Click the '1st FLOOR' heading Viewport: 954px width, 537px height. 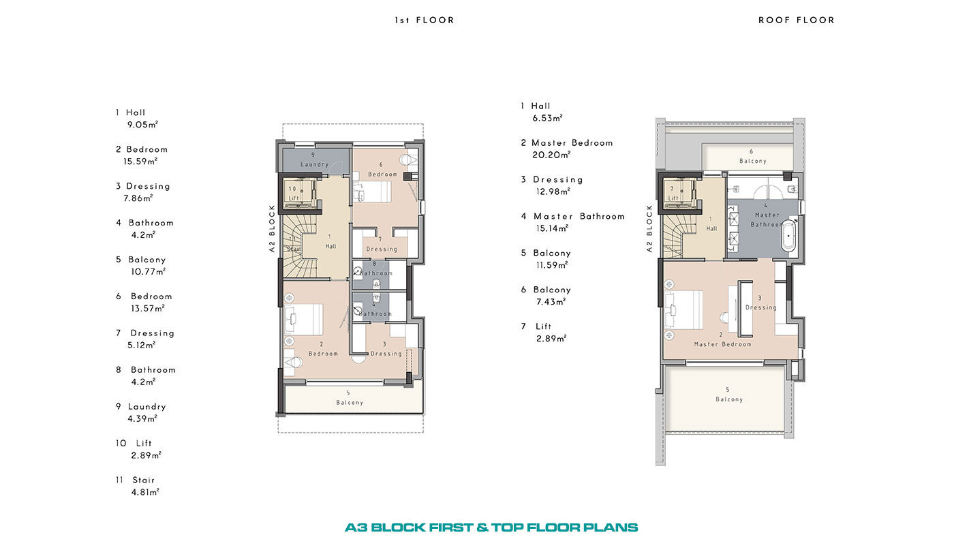coord(424,20)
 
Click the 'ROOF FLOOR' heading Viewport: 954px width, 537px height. coord(796,20)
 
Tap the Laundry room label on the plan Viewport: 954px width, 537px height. coord(314,164)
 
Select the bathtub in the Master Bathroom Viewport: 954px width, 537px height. coord(788,234)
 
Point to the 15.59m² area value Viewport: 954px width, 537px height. coord(140,162)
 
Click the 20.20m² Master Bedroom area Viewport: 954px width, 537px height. coord(551,155)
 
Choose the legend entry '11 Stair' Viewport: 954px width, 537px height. coord(135,480)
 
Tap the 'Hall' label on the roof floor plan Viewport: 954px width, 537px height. coord(711,229)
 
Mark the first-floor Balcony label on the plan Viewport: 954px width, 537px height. coord(350,403)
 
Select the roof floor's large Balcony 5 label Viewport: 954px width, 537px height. coord(729,399)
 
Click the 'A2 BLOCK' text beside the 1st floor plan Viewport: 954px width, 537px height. coord(272,228)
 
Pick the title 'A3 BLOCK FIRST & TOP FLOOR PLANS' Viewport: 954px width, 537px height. coord(491,527)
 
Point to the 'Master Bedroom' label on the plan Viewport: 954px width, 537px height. coord(722,344)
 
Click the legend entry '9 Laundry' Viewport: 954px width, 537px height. coord(140,407)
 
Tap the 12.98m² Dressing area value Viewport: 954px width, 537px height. coord(553,191)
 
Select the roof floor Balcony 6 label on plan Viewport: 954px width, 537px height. coord(752,161)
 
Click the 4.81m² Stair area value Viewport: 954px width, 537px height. coord(145,492)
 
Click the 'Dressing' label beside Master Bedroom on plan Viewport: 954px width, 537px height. coord(760,307)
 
